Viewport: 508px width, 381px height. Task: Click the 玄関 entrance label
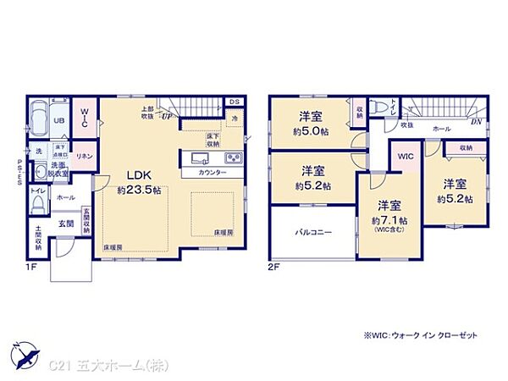66,224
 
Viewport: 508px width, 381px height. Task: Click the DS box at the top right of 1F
235,103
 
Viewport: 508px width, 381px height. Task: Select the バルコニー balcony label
312,231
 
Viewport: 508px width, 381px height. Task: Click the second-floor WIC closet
406,157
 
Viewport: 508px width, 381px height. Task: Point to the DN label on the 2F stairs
476,120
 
